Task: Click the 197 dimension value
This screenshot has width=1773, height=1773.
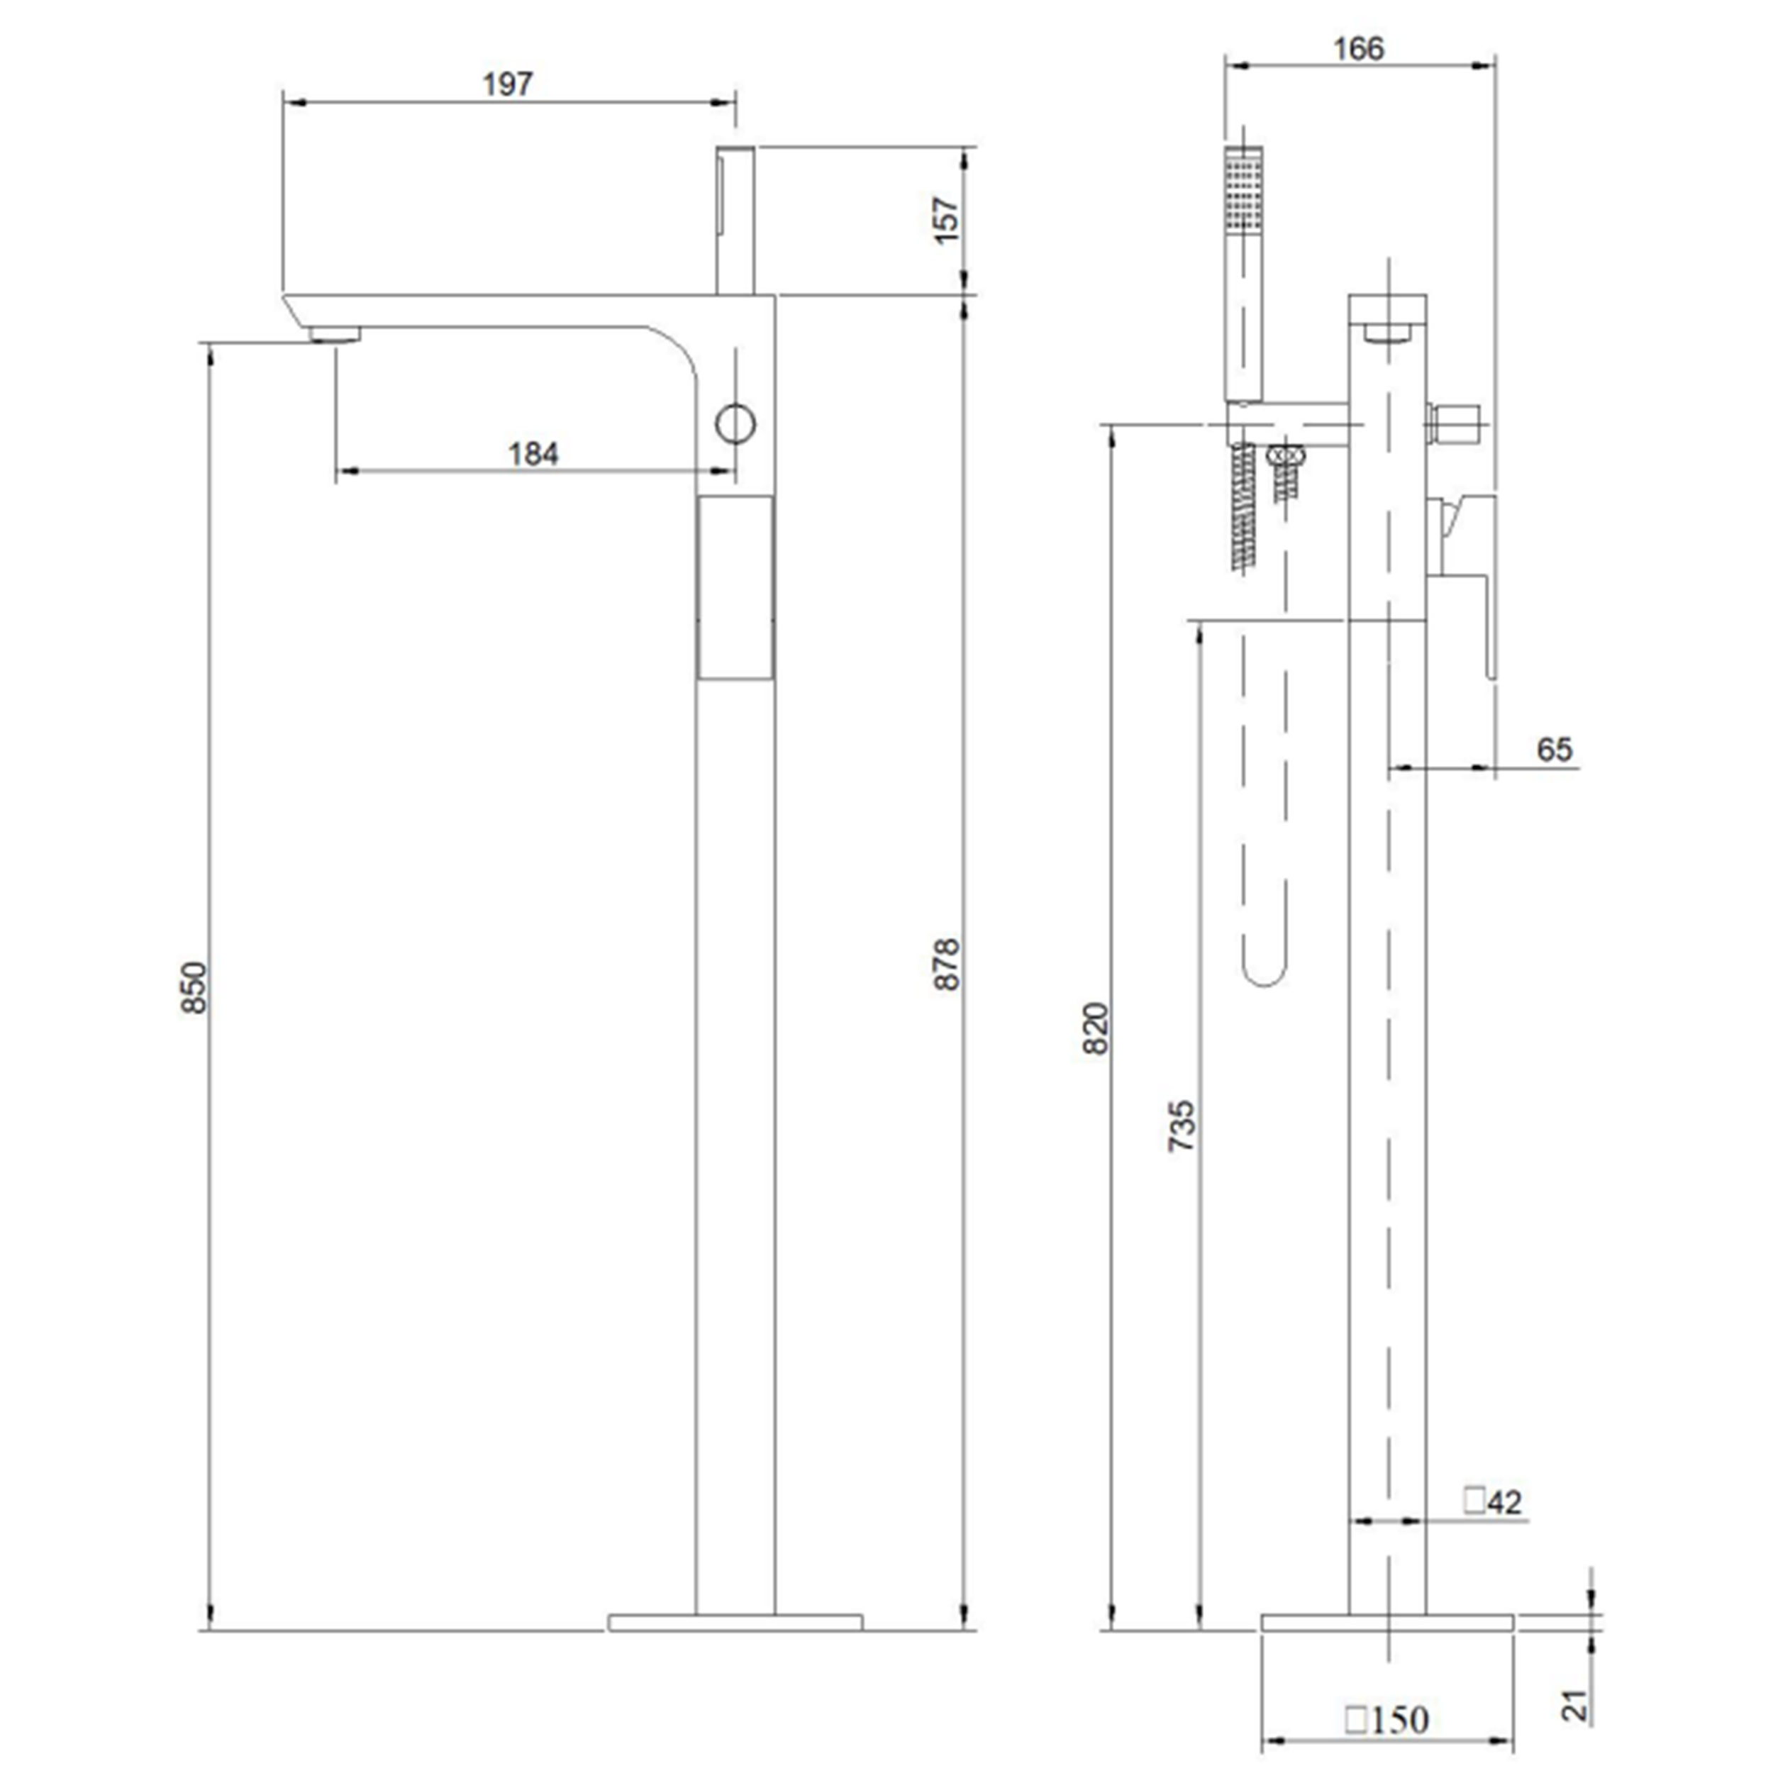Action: [x=508, y=84]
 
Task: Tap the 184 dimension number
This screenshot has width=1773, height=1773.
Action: [x=533, y=453]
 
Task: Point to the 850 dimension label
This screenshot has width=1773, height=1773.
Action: [x=194, y=987]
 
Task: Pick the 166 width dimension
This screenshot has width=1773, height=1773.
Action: [x=1358, y=49]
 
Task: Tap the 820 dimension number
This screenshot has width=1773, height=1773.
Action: [x=1096, y=1029]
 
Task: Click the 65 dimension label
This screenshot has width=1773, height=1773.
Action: [x=1555, y=750]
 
